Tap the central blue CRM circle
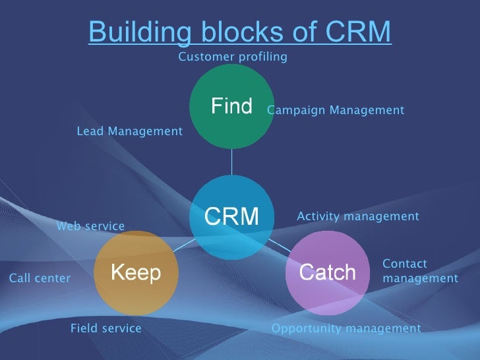(x=231, y=217)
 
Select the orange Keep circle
(x=136, y=272)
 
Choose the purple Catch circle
(x=328, y=272)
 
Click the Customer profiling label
(x=233, y=57)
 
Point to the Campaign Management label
(x=336, y=110)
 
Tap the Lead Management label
(x=129, y=131)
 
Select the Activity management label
(x=358, y=216)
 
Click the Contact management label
(x=420, y=271)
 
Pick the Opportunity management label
(x=346, y=328)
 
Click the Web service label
(x=90, y=226)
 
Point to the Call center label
(x=40, y=278)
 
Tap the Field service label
(x=105, y=328)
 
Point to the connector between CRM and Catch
(x=280, y=245)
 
